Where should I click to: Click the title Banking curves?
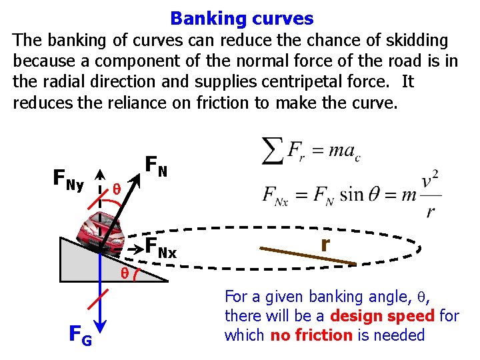pos(241,18)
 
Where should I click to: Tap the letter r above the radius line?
pos(324,245)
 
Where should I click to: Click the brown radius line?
pos(316,257)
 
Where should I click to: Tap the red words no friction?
pos(311,335)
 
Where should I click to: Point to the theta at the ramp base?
pos(125,273)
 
